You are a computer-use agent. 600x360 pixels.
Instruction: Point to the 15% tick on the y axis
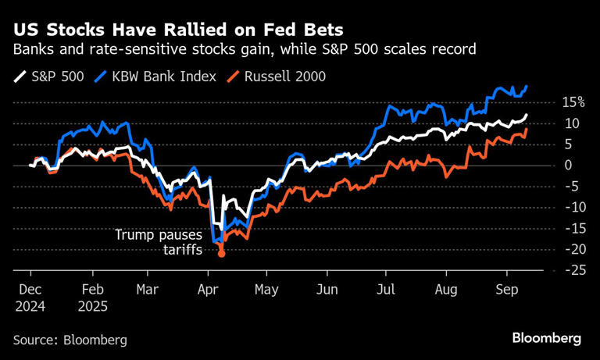573,102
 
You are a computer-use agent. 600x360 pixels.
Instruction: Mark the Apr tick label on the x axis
208,288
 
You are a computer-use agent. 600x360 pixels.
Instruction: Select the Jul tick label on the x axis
384,288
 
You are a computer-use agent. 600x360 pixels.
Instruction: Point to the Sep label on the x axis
505,288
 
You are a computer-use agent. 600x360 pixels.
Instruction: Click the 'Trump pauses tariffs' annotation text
159,241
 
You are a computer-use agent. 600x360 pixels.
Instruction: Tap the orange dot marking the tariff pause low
221,254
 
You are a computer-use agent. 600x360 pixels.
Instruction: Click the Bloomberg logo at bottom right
547,339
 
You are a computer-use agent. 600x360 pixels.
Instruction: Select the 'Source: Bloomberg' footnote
70,340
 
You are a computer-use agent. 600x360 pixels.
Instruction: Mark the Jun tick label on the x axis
327,288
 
